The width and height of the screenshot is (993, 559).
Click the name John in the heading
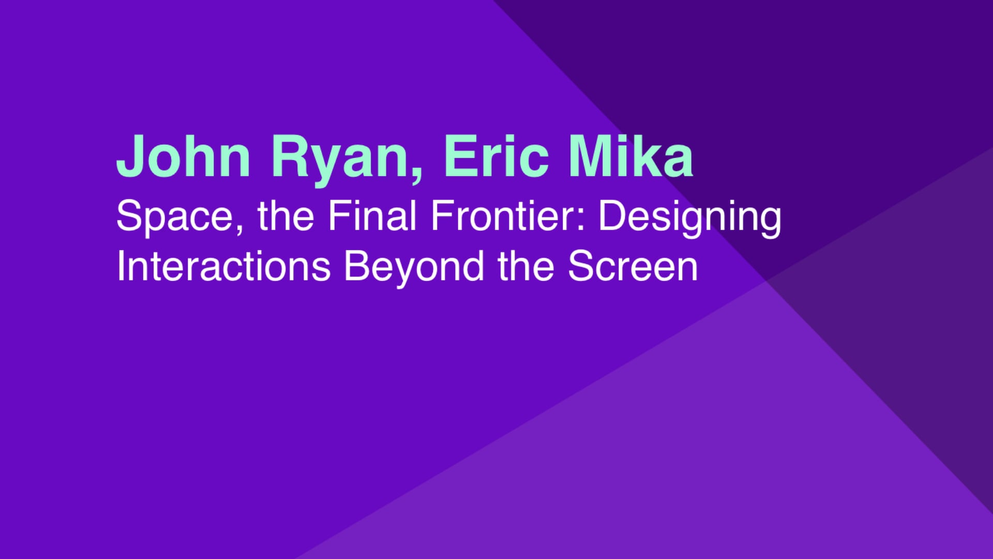pos(184,156)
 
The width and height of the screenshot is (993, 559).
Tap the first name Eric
pos(495,156)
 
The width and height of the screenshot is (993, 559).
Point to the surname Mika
pos(631,156)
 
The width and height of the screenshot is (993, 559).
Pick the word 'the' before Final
pos(286,216)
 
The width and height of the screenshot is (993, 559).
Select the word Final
pos(372,215)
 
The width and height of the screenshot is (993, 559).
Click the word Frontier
pos(505,215)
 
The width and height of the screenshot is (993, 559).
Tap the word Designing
pos(690,218)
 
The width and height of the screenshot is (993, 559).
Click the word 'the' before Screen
pos(526,266)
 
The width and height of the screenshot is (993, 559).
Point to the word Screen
pos(633,266)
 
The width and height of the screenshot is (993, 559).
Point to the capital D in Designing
pos(611,215)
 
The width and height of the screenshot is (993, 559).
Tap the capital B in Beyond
pos(357,266)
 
